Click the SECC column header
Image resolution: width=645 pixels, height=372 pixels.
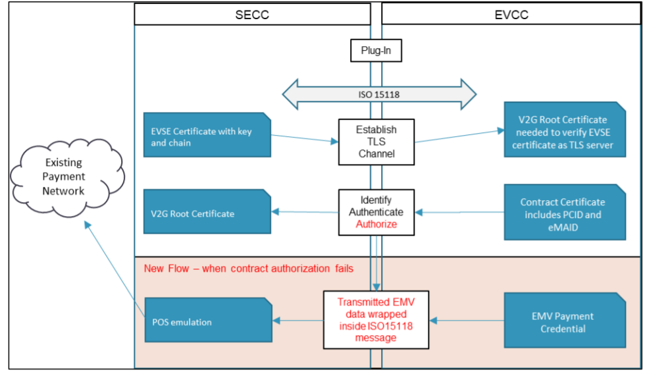[252, 14]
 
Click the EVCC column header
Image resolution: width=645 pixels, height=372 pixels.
[511, 14]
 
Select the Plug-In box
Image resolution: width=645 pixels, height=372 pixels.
[376, 51]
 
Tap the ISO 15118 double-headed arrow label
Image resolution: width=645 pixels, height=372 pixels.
[379, 95]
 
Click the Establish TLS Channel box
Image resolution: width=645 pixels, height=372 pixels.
[376, 142]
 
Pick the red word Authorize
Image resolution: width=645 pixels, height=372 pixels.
[376, 225]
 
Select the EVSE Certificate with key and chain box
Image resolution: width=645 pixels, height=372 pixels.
[207, 135]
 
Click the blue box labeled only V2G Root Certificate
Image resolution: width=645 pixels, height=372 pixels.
[207, 211]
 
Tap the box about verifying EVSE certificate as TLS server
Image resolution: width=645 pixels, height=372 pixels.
[565, 130]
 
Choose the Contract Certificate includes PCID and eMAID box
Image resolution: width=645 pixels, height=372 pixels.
[565, 212]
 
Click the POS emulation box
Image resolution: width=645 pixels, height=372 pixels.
[209, 320]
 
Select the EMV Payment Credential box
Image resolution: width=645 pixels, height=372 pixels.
[565, 320]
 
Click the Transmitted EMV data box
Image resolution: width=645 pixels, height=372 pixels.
[376, 320]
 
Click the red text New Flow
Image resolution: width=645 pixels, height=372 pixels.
[166, 269]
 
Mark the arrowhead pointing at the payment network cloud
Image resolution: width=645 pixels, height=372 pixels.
[87, 225]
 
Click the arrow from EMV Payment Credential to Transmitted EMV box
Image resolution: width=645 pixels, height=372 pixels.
[467, 321]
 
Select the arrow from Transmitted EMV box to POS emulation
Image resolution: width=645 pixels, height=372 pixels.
[297, 321]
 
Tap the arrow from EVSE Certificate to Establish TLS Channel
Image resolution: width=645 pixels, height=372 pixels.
[305, 138]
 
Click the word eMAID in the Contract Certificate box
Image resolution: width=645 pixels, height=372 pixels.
[563, 228]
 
